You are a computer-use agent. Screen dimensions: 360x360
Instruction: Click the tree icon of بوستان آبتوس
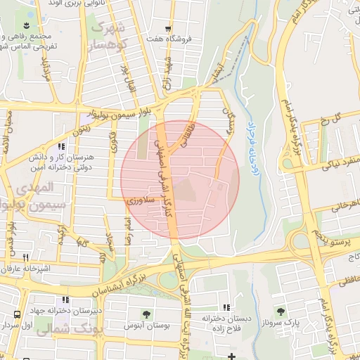coord(146,314)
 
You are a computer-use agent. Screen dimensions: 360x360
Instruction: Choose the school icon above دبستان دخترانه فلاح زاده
coord(226,307)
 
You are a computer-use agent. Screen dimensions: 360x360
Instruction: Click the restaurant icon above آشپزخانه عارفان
coord(26,257)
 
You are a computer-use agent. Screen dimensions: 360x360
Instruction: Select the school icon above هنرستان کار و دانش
coord(62,147)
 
